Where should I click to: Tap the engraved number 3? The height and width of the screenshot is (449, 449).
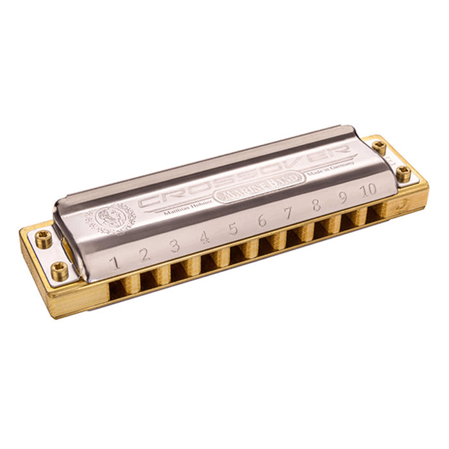point(174,246)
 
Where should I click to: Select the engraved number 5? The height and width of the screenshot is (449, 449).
point(233,229)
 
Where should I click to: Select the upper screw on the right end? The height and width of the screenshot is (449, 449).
point(380,146)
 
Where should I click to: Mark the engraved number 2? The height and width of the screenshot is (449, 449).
point(145,253)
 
